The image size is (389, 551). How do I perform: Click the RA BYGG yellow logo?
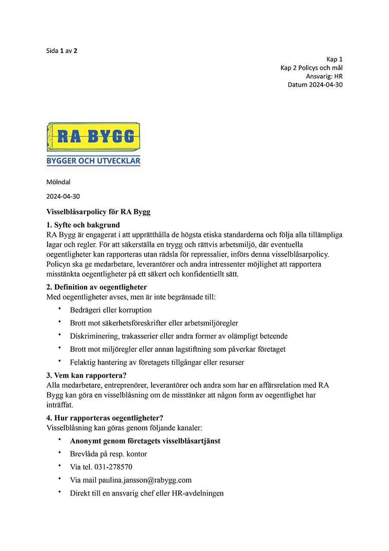[x=93, y=137]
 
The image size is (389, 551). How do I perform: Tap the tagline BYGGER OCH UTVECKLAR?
[x=93, y=161]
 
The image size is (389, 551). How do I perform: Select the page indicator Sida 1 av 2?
[x=62, y=51]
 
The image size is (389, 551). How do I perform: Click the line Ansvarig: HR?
[x=324, y=76]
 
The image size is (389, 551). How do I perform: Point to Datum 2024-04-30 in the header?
[x=315, y=85]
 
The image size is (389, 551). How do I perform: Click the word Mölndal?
[x=58, y=182]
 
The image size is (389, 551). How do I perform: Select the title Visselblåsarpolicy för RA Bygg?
[x=98, y=212]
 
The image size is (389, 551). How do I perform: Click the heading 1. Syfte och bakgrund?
[x=83, y=225]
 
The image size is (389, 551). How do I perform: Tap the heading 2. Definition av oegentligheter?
[x=97, y=287]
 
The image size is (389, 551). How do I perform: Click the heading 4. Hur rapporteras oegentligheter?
[x=104, y=418]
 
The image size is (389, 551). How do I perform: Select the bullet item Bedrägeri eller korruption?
[x=111, y=310]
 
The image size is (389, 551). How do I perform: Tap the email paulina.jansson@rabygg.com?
[x=145, y=480]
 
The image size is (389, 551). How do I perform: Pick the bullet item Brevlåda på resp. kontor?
[x=108, y=454]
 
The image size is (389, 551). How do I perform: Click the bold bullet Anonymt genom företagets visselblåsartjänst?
[x=145, y=441]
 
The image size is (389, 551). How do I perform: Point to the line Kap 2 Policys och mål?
[x=312, y=68]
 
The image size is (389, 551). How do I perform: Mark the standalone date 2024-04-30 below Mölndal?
[x=63, y=196]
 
